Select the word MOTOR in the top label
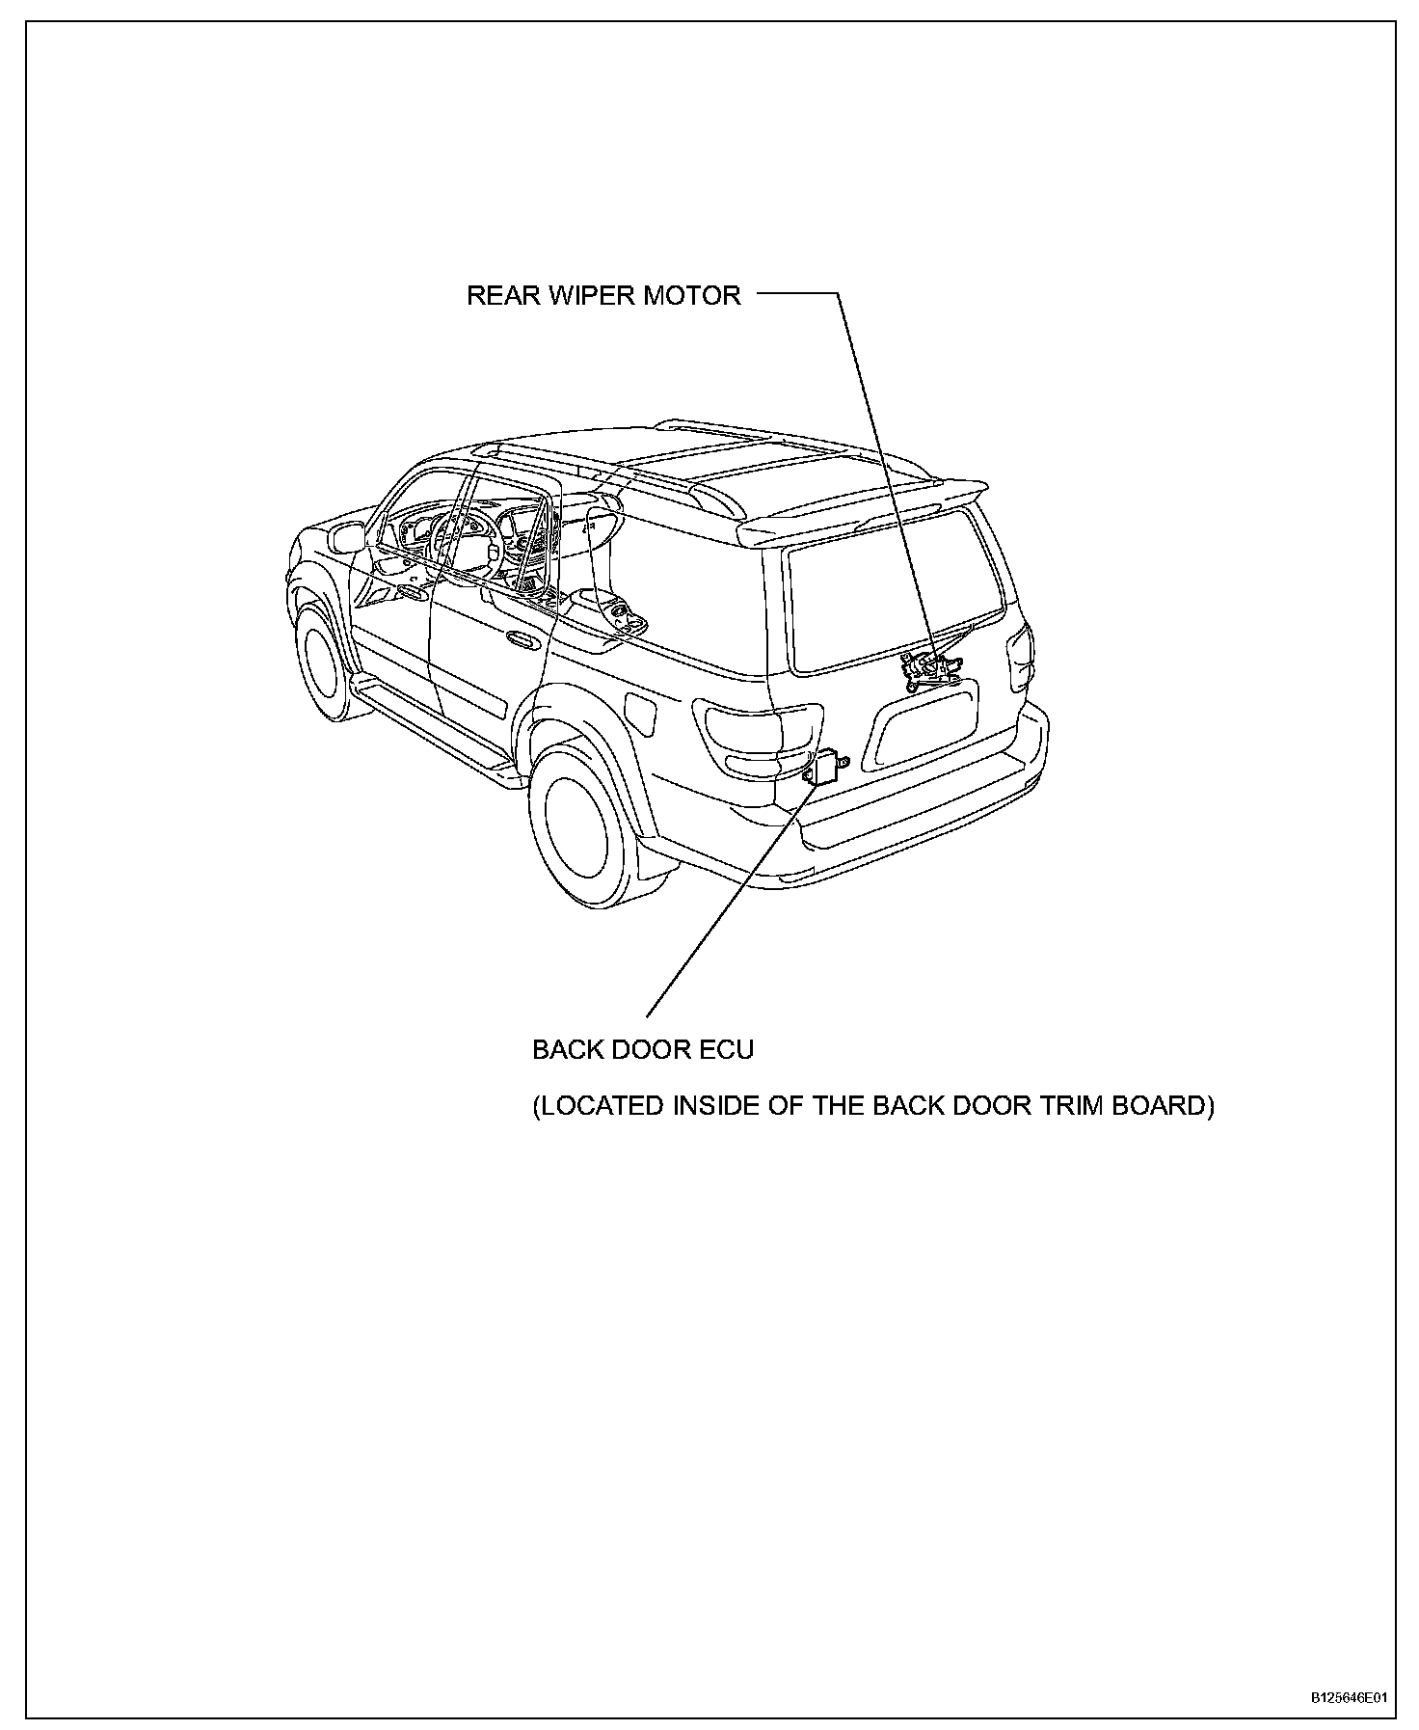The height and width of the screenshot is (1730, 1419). point(692,295)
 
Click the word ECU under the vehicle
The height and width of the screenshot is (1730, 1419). point(727,1049)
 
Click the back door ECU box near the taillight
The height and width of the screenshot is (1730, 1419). point(825,769)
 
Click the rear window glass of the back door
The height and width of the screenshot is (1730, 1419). point(892,590)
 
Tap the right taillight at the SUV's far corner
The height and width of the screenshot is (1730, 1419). point(1020,656)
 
